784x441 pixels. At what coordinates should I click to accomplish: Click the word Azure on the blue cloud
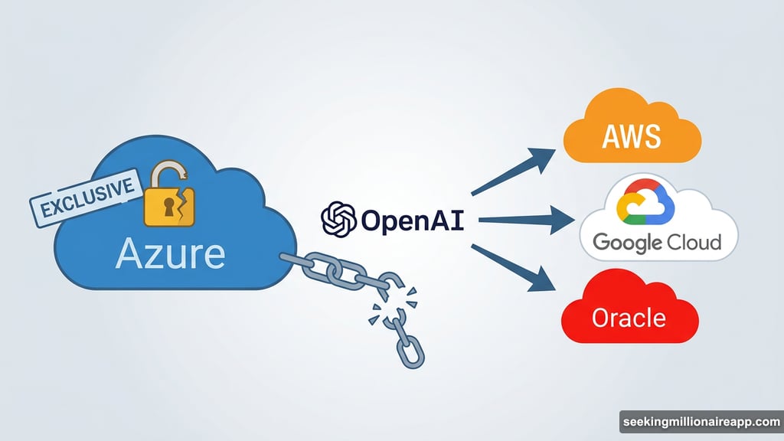(x=170, y=253)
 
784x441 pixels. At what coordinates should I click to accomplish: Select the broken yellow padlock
(x=170, y=198)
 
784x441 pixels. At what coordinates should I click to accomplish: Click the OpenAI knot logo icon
(x=338, y=220)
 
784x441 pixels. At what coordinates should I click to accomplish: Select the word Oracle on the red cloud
(x=629, y=317)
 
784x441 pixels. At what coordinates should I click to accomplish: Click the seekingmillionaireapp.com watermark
(x=700, y=422)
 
